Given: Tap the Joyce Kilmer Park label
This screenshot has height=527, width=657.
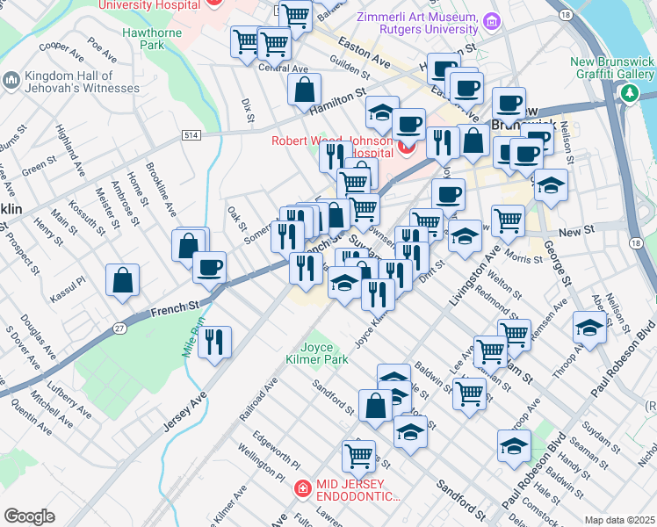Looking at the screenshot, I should click(x=317, y=353).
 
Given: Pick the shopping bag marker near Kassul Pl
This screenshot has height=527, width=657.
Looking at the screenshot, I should click(x=123, y=280).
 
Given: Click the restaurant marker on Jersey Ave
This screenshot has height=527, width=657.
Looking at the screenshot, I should click(x=214, y=342).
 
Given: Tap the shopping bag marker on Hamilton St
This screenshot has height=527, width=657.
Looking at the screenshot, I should click(x=304, y=90).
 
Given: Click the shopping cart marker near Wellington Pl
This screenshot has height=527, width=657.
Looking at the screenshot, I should click(x=358, y=455).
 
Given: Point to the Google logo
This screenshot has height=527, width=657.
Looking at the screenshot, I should click(x=29, y=516).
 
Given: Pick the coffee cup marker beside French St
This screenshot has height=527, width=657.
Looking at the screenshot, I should click(x=209, y=267).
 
